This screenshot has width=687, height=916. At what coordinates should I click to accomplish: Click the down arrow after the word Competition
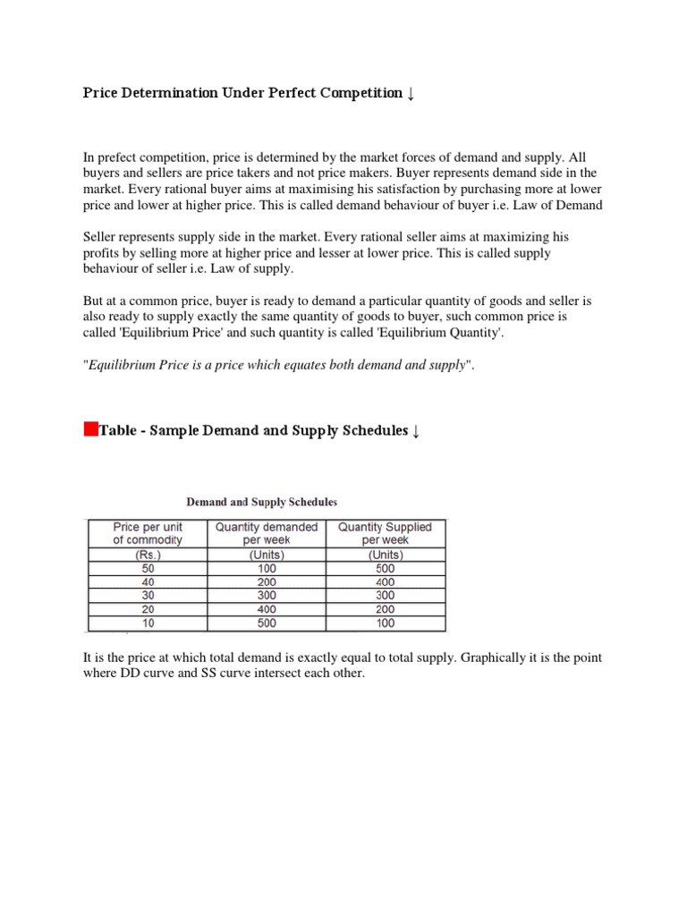pyautogui.click(x=411, y=94)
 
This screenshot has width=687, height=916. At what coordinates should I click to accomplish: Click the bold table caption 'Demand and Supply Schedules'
pyautogui.click(x=262, y=502)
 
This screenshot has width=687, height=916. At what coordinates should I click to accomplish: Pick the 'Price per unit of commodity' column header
pyautogui.click(x=147, y=533)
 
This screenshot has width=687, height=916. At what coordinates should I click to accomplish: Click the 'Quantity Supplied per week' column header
pyautogui.click(x=385, y=533)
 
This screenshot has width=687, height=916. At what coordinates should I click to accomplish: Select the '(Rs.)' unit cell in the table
pyautogui.click(x=147, y=555)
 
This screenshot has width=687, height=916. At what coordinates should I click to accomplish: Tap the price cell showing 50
pyautogui.click(x=147, y=568)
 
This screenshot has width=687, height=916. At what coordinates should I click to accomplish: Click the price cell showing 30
pyautogui.click(x=147, y=595)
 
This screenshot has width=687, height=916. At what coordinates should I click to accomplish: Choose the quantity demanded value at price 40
pyautogui.click(x=266, y=581)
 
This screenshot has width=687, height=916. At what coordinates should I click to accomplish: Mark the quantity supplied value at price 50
pyautogui.click(x=385, y=568)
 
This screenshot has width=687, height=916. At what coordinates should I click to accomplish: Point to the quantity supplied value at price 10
pyautogui.click(x=385, y=623)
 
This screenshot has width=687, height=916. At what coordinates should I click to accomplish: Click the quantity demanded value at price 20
pyautogui.click(x=266, y=609)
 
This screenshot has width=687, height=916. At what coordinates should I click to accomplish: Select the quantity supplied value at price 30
pyautogui.click(x=385, y=595)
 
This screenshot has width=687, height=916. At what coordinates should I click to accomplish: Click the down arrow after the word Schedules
pyautogui.click(x=415, y=431)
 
